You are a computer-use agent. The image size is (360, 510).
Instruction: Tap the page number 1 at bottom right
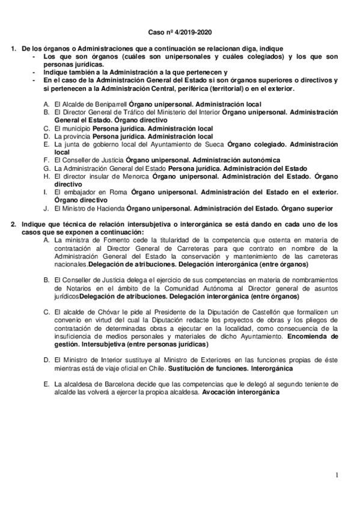[338, 475]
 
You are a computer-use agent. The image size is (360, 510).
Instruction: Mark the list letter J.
[46, 208]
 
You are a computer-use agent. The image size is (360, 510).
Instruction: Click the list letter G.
[46, 168]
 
